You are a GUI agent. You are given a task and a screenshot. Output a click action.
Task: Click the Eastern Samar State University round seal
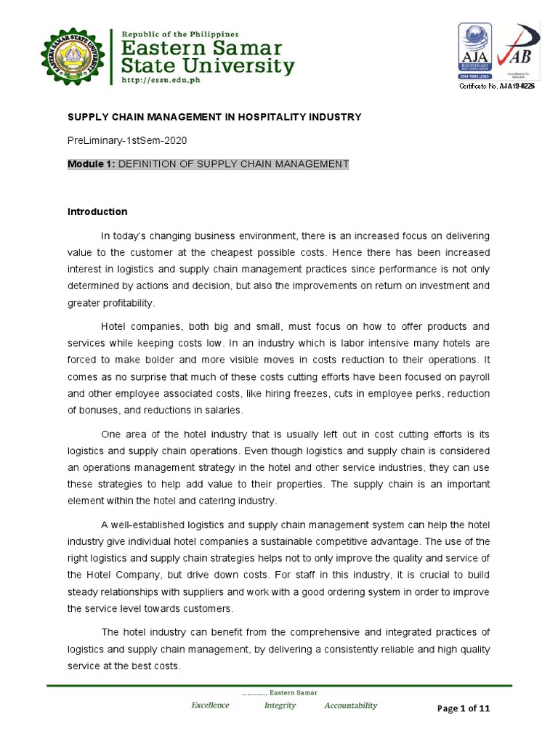coord(70,55)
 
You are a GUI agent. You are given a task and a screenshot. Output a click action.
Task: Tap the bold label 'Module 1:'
coord(92,164)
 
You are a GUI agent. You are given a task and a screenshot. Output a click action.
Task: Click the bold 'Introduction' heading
coord(97,212)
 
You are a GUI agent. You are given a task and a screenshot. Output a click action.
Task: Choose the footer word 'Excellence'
coord(210,705)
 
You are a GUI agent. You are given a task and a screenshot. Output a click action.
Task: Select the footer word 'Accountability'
coord(351,705)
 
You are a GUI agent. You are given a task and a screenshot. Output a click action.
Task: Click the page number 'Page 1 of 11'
coord(463,710)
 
